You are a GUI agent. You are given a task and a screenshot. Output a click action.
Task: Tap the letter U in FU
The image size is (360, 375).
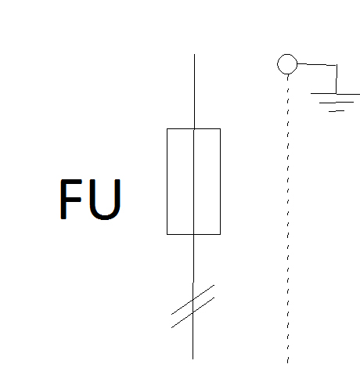coord(105,200)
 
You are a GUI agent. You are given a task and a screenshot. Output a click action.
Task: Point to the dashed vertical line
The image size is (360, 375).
coord(288,218)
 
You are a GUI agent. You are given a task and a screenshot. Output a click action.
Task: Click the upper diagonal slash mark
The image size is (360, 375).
coord(193,300)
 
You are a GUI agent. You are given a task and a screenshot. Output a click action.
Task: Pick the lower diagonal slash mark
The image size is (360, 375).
coord(193,312)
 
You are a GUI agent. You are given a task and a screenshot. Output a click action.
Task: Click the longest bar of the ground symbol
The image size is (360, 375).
coord(335,94)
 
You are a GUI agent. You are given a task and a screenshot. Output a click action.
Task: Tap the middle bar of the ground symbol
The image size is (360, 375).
coord(337,103)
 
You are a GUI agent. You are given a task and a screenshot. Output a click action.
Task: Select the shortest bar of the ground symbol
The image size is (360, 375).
coord(337,111)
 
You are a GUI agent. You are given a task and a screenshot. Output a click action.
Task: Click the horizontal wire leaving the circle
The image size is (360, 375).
coord(317,64)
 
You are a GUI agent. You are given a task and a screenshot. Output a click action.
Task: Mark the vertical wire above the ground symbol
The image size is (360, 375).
coord(337,79)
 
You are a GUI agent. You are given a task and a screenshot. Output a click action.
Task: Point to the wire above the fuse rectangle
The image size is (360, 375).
coord(194,92)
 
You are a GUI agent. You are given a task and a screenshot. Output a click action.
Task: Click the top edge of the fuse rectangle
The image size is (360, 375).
coord(193,128)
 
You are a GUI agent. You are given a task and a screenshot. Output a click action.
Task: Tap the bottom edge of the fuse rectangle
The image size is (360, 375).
coord(193,234)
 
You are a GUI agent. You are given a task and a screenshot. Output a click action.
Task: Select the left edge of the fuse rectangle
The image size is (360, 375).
coord(167,182)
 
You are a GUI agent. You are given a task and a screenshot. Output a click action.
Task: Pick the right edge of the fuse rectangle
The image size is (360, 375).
coord(221,182)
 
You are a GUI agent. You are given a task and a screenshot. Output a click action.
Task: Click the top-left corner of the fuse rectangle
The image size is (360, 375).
coord(167,128)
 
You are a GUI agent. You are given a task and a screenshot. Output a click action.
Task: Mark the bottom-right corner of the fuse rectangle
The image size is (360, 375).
coord(221,234)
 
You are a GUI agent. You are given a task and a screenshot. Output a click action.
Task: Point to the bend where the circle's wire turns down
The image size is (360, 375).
coord(337,65)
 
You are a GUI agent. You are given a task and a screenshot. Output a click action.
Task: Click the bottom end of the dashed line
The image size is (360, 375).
coord(287,363)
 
